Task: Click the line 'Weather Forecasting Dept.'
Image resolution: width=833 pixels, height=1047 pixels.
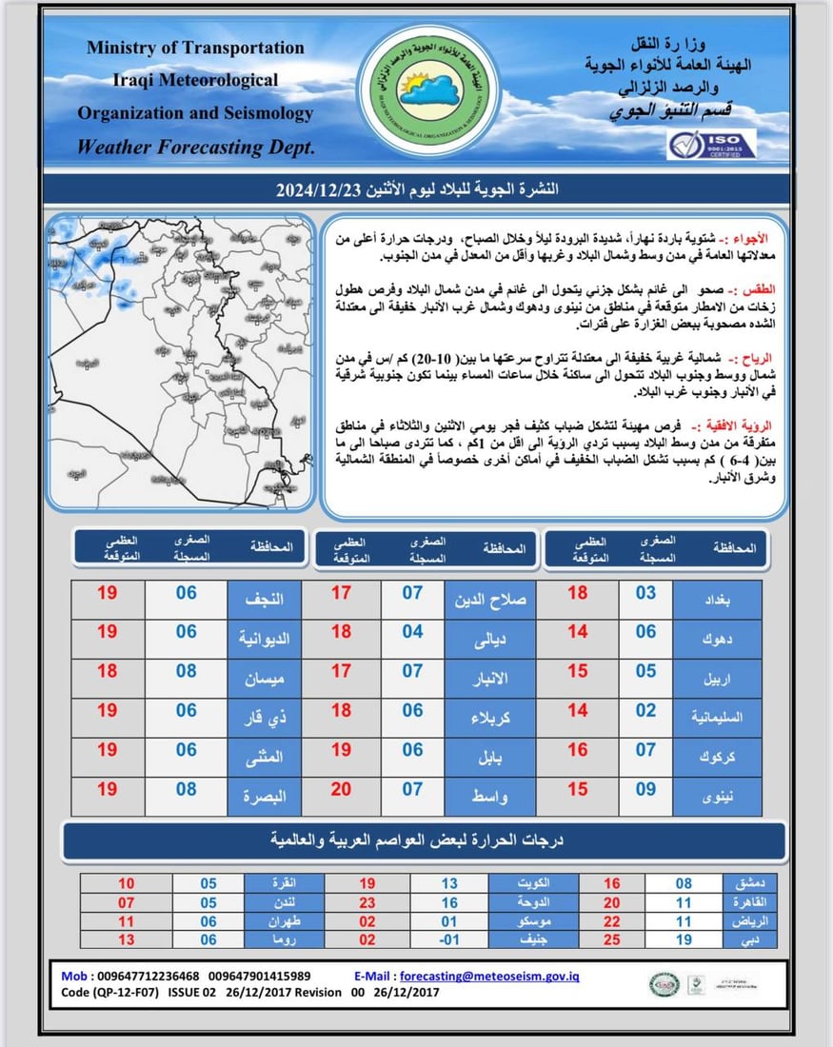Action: click(x=195, y=148)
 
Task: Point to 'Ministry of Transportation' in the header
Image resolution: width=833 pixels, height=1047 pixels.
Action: click(x=195, y=48)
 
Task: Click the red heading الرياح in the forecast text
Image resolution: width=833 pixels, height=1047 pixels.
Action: click(x=761, y=359)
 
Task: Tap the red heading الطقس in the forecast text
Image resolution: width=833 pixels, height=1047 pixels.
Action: click(x=761, y=287)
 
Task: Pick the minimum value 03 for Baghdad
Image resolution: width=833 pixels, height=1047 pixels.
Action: click(x=646, y=594)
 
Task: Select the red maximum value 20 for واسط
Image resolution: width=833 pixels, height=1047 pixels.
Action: click(x=341, y=789)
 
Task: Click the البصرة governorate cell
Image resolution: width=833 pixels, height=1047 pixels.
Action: click(x=264, y=797)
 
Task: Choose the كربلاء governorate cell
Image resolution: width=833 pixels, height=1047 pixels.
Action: click(x=490, y=718)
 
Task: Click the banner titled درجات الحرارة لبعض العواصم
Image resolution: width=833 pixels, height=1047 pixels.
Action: click(x=425, y=840)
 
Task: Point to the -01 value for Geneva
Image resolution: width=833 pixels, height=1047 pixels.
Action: click(x=449, y=938)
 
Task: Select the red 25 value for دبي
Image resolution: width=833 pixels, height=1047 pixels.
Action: click(x=612, y=938)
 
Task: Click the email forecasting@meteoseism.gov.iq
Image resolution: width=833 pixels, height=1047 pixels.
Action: click(x=489, y=976)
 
